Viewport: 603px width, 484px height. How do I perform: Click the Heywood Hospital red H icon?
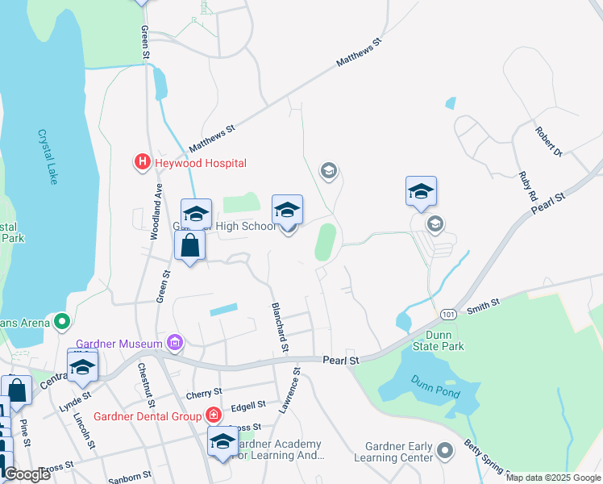143,163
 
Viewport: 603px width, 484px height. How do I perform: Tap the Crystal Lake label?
48,157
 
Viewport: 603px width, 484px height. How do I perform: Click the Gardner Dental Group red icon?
213,416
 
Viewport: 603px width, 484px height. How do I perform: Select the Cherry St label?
203,393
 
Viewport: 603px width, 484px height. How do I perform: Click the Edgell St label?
247,405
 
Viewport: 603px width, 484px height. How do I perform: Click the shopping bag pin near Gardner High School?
189,246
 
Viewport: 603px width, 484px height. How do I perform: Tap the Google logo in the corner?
27,474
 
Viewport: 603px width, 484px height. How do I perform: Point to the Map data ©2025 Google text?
553,478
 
